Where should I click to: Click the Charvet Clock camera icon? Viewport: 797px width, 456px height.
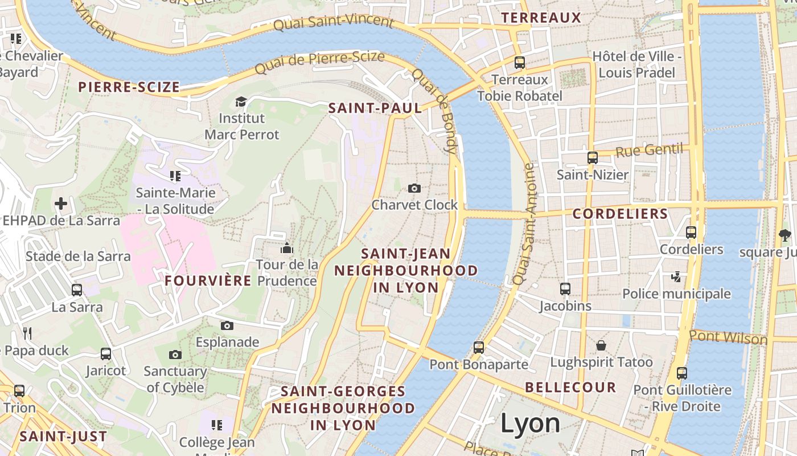414,188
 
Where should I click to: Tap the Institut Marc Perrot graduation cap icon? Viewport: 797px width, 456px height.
241,101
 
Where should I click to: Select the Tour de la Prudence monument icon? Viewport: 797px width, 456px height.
287,248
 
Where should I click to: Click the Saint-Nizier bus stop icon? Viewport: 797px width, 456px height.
593,158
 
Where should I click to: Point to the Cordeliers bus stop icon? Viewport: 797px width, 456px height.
691,233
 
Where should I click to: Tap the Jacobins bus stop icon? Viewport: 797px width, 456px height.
565,289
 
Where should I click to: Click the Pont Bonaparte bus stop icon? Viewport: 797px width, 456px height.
479,347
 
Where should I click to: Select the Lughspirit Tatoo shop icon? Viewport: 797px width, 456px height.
601,345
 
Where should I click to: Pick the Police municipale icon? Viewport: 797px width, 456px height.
676,277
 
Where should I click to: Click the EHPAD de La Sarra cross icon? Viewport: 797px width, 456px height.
61,203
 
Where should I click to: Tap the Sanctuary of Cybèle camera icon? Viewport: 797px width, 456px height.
175,355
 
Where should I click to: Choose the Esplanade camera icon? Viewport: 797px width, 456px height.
227,325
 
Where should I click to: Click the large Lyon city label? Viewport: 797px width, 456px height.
530,424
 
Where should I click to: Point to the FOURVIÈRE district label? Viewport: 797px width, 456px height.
208,280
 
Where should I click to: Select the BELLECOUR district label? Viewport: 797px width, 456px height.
570,388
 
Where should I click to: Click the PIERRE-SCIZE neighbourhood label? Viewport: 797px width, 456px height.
129,87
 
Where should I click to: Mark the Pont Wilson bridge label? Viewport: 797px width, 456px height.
728,337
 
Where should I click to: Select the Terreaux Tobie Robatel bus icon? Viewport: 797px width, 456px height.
519,63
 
